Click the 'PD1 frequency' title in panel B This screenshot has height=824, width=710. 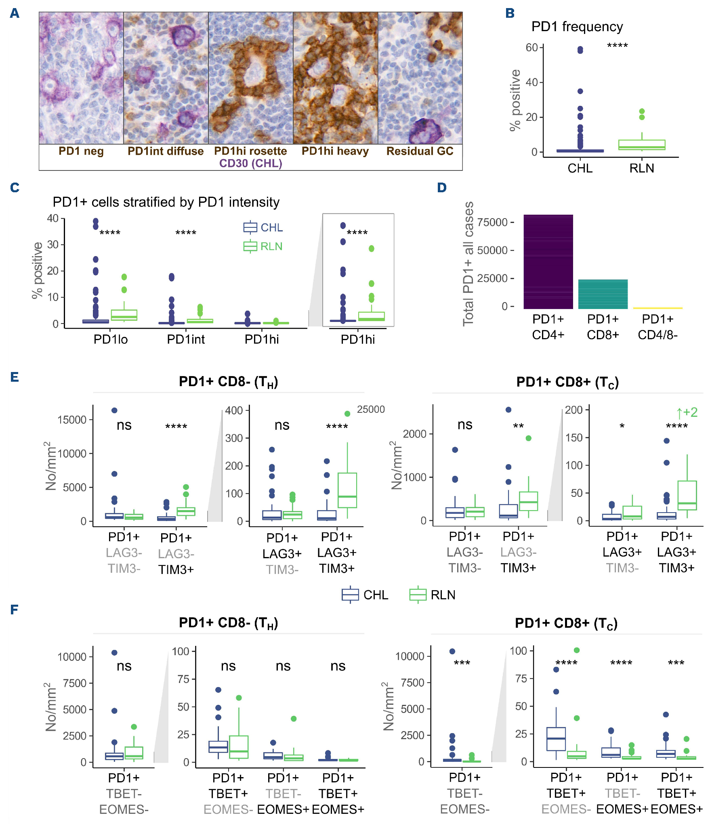point(577,27)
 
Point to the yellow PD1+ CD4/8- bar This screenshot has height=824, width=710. point(657,308)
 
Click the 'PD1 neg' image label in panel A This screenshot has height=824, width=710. point(81,151)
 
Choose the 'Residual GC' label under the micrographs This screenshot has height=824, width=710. point(420,151)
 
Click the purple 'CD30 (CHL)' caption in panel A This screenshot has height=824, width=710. point(250,164)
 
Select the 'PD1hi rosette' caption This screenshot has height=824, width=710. point(250,151)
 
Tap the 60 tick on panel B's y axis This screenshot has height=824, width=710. point(531,48)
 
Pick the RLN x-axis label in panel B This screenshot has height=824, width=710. point(641,168)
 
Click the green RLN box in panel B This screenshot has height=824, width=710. point(641,145)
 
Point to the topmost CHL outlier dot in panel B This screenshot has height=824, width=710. point(580,50)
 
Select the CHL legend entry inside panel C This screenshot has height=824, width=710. point(263,228)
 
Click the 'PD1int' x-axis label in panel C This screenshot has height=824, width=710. point(186,339)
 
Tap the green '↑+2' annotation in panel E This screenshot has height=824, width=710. point(687,412)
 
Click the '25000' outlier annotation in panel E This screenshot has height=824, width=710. point(371,410)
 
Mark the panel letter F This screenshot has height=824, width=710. point(14,610)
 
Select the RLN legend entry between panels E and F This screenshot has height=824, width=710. point(433,595)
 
